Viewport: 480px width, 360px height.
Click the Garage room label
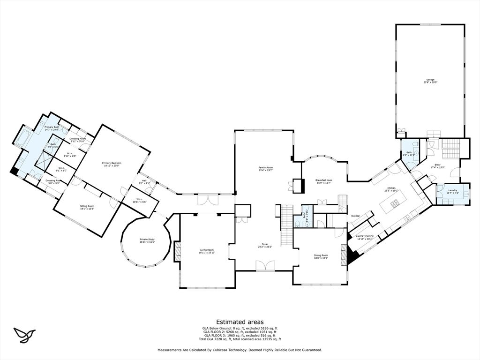[430, 80]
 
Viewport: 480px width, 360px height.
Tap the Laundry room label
[452, 190]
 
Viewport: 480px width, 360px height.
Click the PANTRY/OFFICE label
[365, 236]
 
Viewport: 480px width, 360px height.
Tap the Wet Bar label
[355, 216]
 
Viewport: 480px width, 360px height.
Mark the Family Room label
[265, 167]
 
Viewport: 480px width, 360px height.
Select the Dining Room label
[321, 255]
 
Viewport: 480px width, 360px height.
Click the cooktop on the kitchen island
[395, 203]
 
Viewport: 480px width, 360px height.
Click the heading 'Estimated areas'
[240, 322]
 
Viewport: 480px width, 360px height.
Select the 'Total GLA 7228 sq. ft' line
[240, 339]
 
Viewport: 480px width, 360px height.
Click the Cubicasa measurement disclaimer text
[240, 350]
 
